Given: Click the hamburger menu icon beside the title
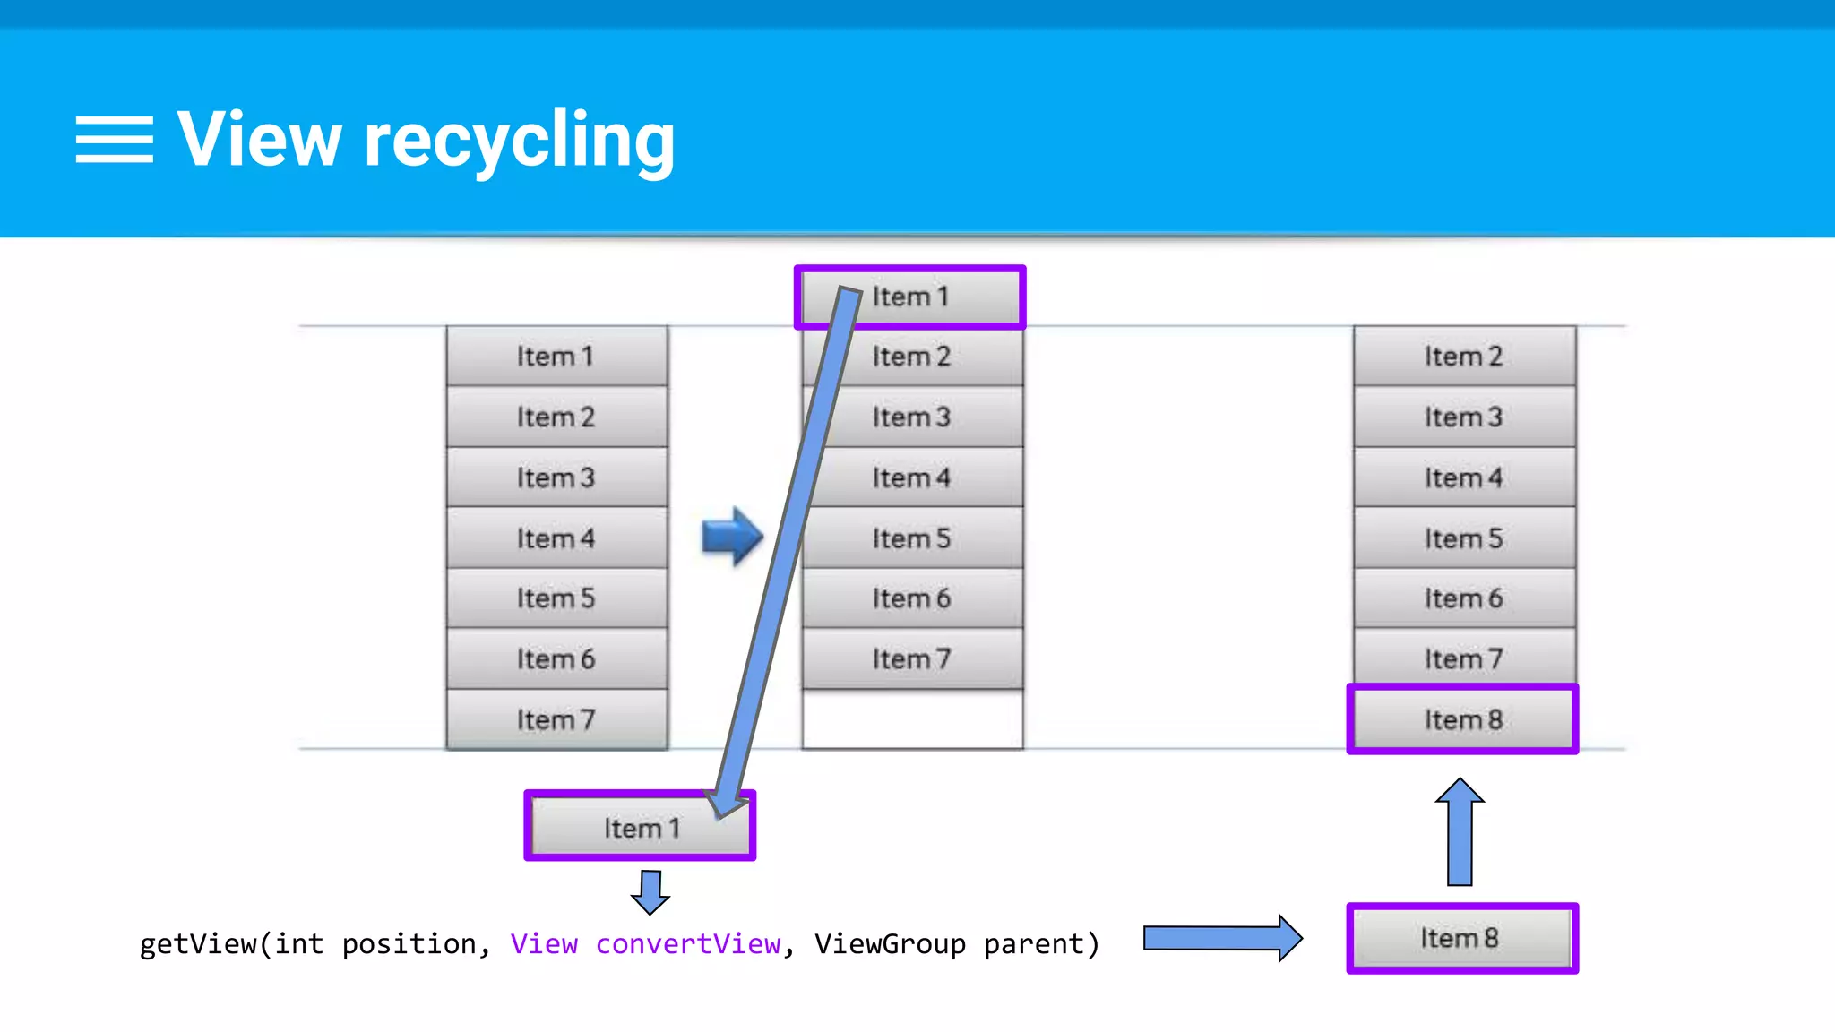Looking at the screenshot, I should click(x=114, y=140).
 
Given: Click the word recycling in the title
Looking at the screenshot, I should click(x=519, y=142).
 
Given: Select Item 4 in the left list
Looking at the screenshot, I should click(x=556, y=538).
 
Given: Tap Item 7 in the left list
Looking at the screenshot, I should click(x=556, y=719).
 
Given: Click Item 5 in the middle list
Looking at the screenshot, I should click(x=912, y=538).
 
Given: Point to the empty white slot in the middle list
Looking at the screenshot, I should click(x=912, y=719).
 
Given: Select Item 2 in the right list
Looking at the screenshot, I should click(x=1464, y=357).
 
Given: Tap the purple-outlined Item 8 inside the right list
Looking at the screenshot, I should click(x=1462, y=719).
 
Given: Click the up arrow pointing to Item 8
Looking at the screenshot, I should click(x=1460, y=830).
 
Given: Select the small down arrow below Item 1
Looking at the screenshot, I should click(x=650, y=892).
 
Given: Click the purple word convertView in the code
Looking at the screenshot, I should click(x=688, y=944).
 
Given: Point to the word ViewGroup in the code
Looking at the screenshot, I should click(x=890, y=944).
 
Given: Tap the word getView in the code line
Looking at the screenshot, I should click(x=198, y=944).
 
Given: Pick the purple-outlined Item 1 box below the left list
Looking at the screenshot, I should click(x=640, y=827).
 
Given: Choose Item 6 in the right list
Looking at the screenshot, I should click(x=1464, y=598).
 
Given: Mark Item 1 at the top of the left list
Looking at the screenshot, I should click(x=556, y=357).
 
